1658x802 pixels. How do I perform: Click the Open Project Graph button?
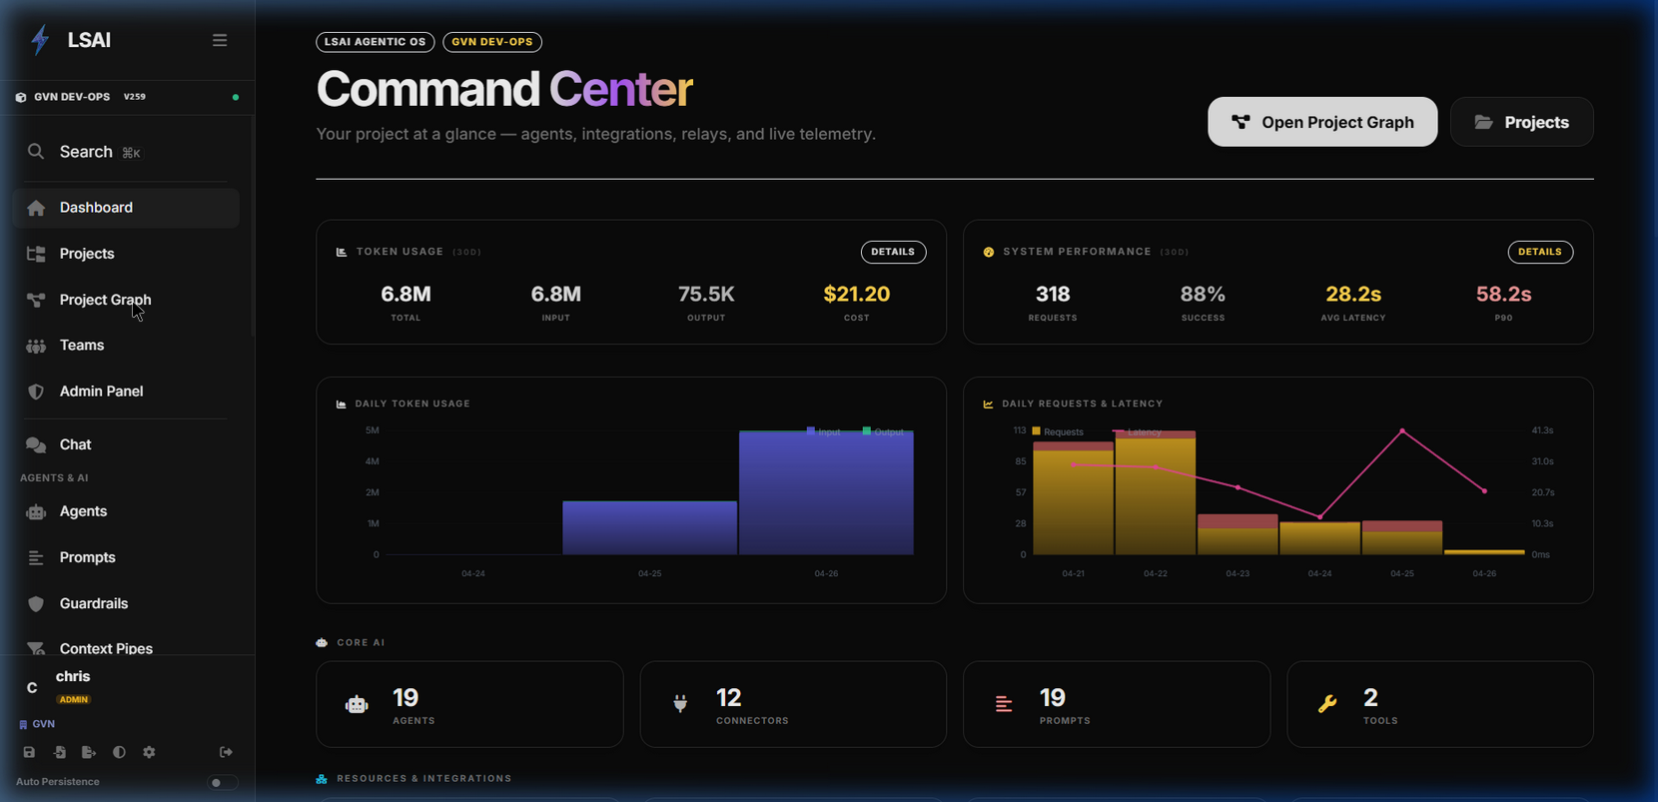point(1321,122)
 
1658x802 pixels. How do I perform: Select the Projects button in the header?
point(1521,122)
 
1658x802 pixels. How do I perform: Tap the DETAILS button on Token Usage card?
point(893,252)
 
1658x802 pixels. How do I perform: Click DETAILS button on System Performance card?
point(1539,252)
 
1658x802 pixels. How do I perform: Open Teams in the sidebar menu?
point(82,346)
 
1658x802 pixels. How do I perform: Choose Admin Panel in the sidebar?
point(101,392)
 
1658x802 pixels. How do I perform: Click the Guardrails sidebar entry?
point(93,603)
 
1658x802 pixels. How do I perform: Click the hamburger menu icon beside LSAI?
point(220,40)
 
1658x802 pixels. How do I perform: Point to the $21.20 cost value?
point(856,294)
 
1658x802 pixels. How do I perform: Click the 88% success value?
point(1203,294)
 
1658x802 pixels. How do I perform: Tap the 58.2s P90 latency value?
point(1503,294)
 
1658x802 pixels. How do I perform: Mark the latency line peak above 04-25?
point(1402,430)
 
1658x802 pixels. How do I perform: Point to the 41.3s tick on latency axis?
point(1542,430)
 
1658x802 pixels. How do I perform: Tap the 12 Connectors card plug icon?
point(680,704)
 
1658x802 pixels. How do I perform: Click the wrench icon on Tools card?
point(1327,704)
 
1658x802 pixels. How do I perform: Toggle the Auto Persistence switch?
point(222,782)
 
